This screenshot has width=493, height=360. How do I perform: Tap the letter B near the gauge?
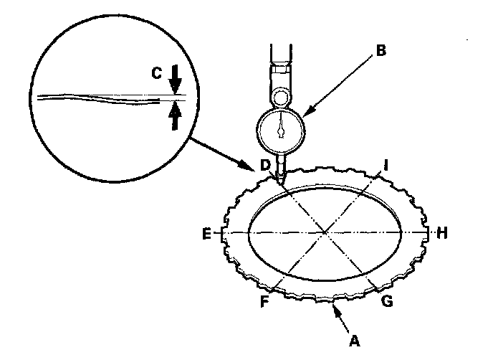click(x=381, y=51)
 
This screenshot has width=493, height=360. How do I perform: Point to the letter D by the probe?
click(x=266, y=166)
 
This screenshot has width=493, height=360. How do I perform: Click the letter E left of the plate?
click(x=206, y=234)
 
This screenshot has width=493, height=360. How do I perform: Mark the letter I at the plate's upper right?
click(x=386, y=166)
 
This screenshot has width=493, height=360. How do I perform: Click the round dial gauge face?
click(x=282, y=131)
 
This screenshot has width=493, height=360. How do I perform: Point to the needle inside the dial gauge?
click(x=282, y=129)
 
